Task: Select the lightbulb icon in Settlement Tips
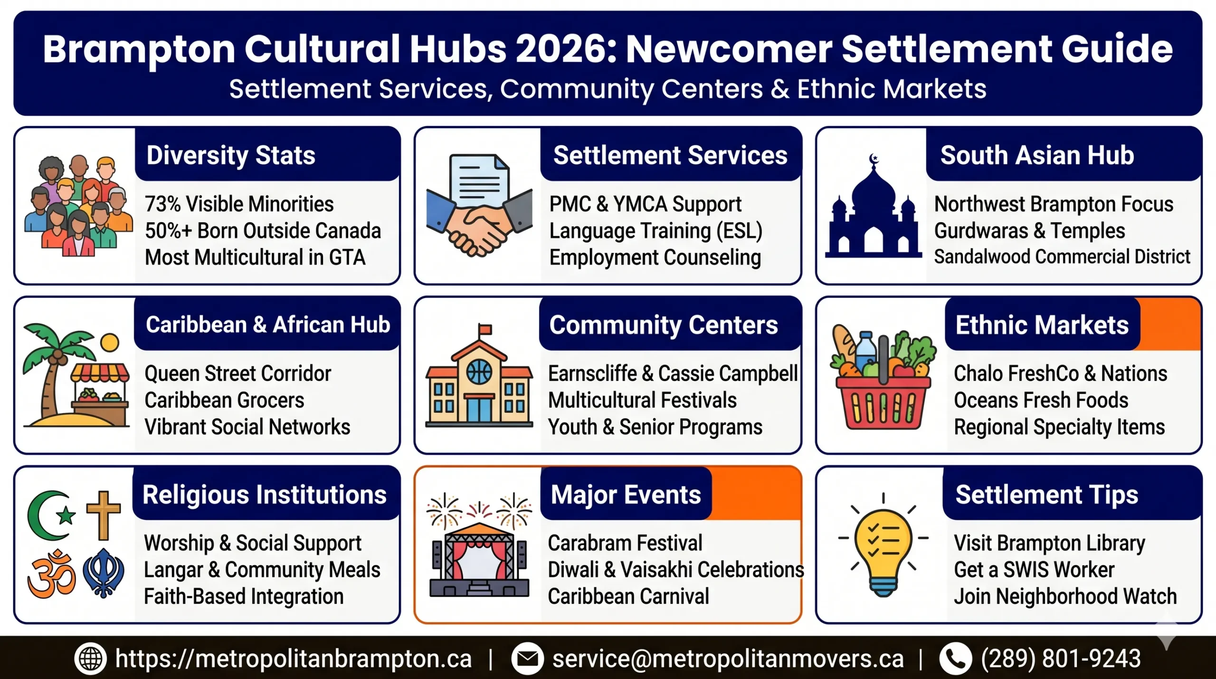click(x=883, y=546)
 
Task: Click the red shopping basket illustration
click(x=883, y=402)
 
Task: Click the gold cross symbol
click(x=103, y=515)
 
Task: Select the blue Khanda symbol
click(x=104, y=573)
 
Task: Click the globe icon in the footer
click(x=90, y=659)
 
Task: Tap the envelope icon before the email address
click(x=527, y=659)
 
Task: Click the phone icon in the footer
click(x=955, y=659)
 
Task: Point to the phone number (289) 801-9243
click(x=1061, y=659)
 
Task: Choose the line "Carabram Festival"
click(x=625, y=543)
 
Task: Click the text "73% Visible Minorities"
click(x=239, y=204)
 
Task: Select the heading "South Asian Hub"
click(x=1037, y=155)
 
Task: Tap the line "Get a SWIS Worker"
click(x=1034, y=570)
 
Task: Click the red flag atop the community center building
click(x=485, y=329)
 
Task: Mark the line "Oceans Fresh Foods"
click(x=1041, y=401)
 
